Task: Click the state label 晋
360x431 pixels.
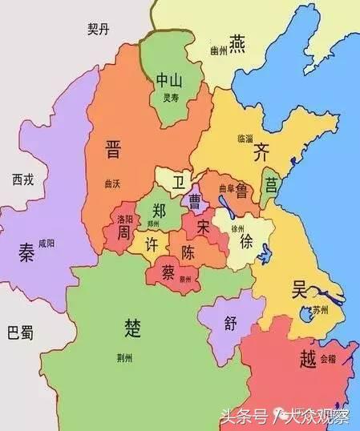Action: pos(113,149)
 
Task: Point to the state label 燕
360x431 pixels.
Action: pos(237,42)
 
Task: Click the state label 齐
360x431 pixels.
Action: pos(261,150)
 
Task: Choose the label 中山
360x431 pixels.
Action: pos(169,80)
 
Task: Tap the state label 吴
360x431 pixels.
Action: pos(301,288)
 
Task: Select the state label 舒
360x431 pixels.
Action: pos(231,324)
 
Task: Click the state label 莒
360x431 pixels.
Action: pos(270,183)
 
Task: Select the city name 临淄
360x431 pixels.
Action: pos(245,138)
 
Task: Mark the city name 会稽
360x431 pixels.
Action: pos(330,359)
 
